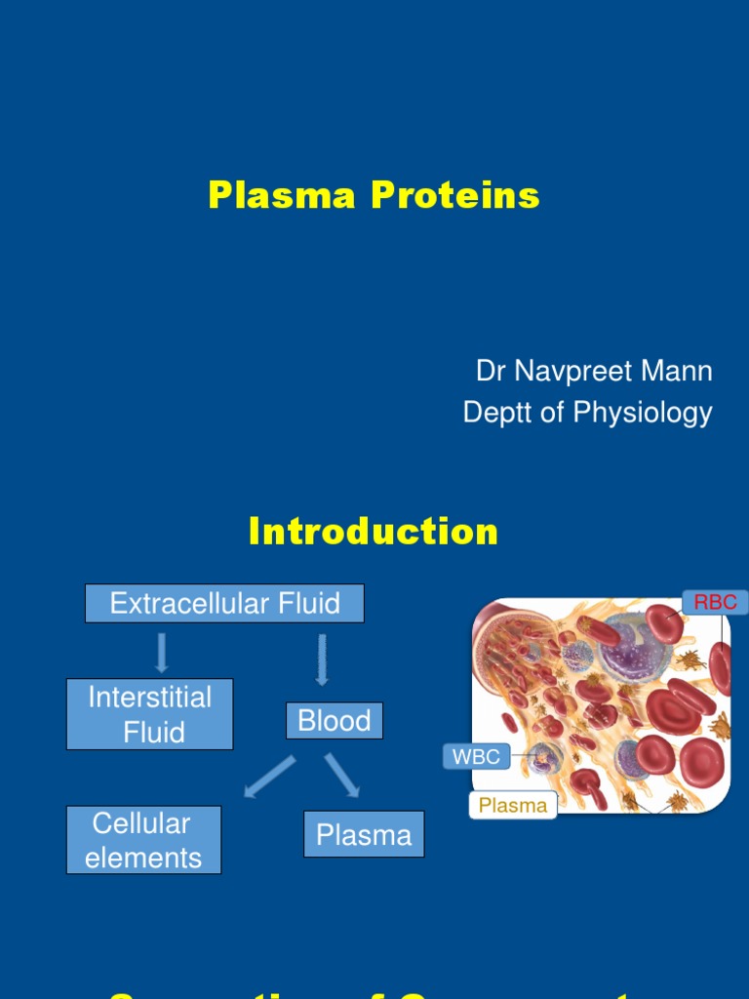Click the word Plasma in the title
(282, 195)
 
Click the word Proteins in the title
(454, 195)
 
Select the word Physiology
(642, 413)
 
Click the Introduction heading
(374, 532)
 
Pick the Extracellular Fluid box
(224, 604)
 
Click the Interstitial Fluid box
(150, 714)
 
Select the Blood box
(335, 721)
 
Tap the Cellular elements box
(143, 840)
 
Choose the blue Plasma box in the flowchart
(364, 834)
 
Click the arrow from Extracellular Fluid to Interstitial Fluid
(162, 652)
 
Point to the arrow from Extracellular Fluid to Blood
(322, 659)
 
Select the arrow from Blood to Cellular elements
(269, 776)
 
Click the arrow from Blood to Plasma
(342, 774)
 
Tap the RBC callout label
(715, 603)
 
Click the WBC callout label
(476, 756)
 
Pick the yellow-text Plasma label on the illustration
(513, 806)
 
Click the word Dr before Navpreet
(491, 371)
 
